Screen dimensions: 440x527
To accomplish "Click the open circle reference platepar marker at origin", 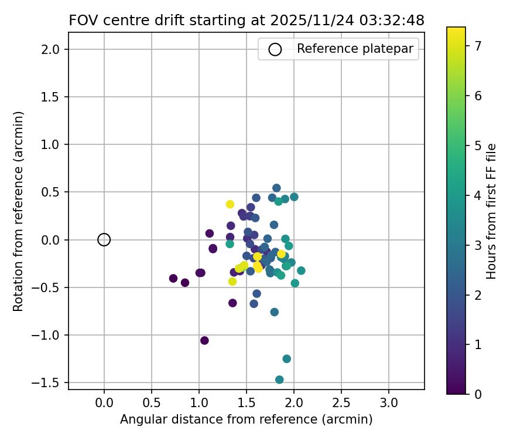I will pyautogui.click(x=104, y=239).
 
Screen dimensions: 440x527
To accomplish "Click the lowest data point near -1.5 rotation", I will pyautogui.click(x=279, y=380).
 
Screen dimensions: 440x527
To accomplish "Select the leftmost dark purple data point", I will pyautogui.click(x=173, y=278).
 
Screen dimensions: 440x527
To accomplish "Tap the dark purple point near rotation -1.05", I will pyautogui.click(x=204, y=340).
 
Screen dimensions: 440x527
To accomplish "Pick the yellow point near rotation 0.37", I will pyautogui.click(x=230, y=204).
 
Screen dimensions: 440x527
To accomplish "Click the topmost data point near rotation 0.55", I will pyautogui.click(x=276, y=188).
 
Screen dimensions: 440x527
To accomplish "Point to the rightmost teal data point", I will pyautogui.click(x=301, y=270).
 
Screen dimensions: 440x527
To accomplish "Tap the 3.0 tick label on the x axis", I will pyautogui.click(x=389, y=404).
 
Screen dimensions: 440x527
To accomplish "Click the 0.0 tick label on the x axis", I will pyautogui.click(x=104, y=404).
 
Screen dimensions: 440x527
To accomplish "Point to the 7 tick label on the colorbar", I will pyautogui.click(x=478, y=45).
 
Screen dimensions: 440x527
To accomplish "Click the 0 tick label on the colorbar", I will pyautogui.click(x=478, y=394).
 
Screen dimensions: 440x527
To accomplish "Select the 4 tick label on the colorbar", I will pyautogui.click(x=478, y=195).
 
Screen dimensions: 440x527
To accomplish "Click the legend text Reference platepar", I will pyautogui.click(x=355, y=49).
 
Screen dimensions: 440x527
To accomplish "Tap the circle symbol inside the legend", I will pyautogui.click(x=275, y=49).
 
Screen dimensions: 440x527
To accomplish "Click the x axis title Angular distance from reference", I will pyautogui.click(x=246, y=419).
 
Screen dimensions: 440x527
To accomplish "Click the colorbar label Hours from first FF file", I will pyautogui.click(x=492, y=211).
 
